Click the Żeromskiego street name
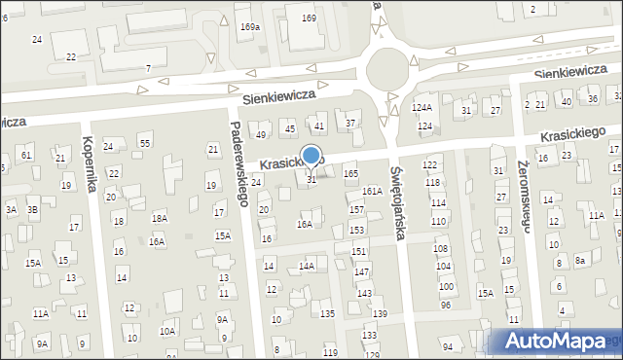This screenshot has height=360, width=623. click(524, 196)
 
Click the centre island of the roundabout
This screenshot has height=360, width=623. click(387, 68)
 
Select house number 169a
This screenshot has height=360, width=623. click(250, 27)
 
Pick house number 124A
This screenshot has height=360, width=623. click(421, 108)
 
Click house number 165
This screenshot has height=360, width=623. click(350, 173)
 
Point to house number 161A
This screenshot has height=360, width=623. click(372, 192)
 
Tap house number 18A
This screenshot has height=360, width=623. click(160, 220)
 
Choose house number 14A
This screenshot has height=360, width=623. click(307, 266)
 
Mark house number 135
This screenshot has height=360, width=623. click(328, 313)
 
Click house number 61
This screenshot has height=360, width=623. click(26, 156)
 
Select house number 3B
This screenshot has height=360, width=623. click(32, 209)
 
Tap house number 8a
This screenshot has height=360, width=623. click(579, 261)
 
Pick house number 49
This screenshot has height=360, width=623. click(261, 134)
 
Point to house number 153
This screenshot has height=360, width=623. click(357, 230)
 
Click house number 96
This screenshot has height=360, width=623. click(446, 306)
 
